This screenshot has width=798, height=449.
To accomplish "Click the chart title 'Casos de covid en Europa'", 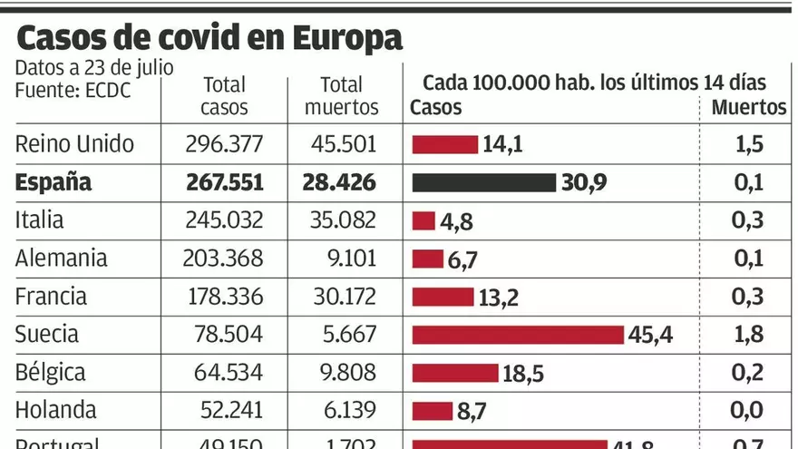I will pos(209,38).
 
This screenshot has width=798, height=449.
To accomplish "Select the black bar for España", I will pos(483,182).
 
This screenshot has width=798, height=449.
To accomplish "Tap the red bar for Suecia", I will pos(518,335).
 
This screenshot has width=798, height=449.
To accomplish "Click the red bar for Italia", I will pos(423,220).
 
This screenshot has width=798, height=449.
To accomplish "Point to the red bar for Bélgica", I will pos(455,373).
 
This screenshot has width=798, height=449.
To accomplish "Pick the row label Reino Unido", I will pos(74,144).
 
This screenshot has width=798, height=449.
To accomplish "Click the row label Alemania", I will pos(62,259).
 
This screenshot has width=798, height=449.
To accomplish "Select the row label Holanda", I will pos(56,411).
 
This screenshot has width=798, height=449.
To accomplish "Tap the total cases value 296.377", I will pos(224,144).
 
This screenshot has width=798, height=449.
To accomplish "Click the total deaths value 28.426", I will pos(339,182).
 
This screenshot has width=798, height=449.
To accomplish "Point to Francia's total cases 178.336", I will pos(224,297).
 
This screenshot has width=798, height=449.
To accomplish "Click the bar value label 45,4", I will pos(651,335).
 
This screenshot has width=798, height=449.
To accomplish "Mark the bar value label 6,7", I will pos(462,260).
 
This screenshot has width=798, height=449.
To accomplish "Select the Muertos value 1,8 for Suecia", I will pos(747,335).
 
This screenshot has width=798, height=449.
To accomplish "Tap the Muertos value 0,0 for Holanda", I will pos(747,411).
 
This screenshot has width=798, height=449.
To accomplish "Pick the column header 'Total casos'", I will pos(224,96).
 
